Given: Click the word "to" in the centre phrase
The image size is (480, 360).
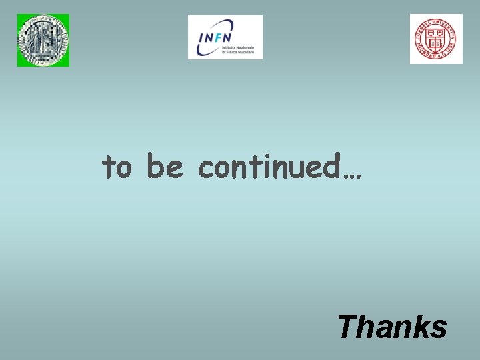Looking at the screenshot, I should click(117, 167).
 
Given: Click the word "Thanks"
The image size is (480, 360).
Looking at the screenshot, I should click(392, 327).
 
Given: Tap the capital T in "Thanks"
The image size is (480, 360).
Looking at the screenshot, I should click(347, 327).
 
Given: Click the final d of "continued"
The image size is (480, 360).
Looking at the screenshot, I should click(334, 165).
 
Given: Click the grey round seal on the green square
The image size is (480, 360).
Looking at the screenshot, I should click(43, 40).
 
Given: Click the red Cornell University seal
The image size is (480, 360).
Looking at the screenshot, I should click(436, 39).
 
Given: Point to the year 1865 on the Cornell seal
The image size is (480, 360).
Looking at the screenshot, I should click(453, 48).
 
